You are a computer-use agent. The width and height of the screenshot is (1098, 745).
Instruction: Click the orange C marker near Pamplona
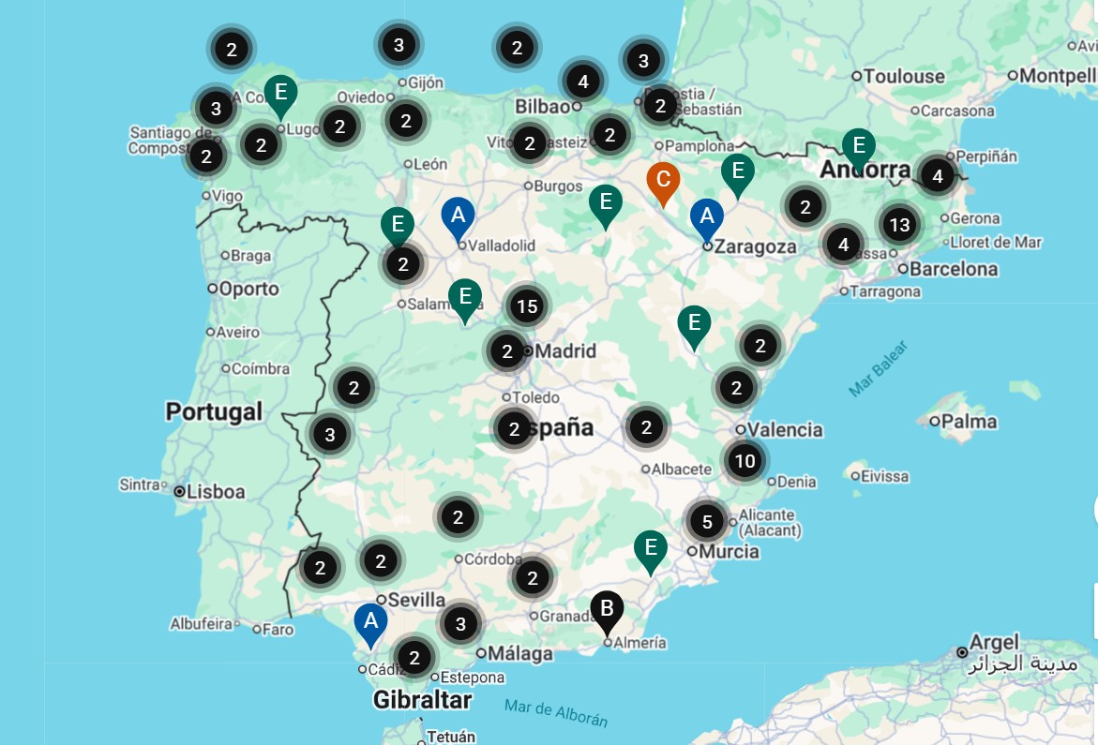click(663, 180)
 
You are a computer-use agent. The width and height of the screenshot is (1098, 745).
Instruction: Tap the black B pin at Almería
click(607, 610)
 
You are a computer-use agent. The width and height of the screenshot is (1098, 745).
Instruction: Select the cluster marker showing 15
click(527, 306)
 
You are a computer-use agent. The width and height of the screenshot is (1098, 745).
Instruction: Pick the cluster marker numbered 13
click(899, 225)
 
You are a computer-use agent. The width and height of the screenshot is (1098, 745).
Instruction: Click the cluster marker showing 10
click(745, 461)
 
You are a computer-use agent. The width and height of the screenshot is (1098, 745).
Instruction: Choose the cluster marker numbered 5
click(707, 521)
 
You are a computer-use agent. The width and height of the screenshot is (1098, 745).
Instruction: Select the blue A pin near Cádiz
click(370, 621)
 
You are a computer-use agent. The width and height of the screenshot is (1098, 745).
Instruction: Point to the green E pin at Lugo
click(280, 93)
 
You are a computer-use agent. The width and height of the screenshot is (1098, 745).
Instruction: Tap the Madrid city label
click(564, 351)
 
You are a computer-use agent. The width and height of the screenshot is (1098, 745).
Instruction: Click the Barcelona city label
click(948, 269)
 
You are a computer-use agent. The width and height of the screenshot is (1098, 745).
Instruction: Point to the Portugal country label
click(214, 411)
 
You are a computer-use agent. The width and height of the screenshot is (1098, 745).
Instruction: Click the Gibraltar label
click(422, 699)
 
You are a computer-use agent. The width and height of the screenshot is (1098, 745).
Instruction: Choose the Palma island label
click(969, 422)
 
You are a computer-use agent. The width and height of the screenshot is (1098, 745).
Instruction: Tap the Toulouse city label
click(904, 76)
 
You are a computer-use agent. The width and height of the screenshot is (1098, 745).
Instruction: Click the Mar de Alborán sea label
click(555, 712)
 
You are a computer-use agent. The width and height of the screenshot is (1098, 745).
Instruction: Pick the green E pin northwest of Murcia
click(650, 548)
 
